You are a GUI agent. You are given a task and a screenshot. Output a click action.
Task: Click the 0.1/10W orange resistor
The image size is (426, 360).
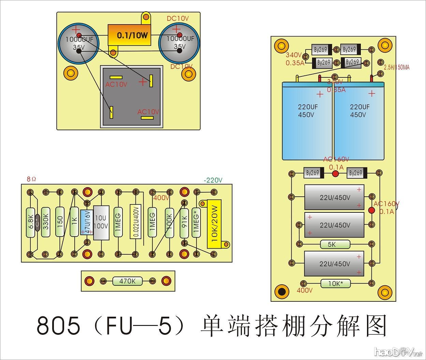129,35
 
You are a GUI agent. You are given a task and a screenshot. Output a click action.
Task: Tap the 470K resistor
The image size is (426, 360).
127,281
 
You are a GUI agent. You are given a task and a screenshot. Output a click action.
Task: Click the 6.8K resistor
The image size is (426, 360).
30,222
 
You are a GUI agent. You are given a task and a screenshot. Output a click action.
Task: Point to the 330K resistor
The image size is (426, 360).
46,222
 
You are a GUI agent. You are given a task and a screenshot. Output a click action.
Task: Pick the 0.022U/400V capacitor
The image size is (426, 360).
135,222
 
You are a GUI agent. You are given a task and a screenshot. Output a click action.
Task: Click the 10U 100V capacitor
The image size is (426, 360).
101,223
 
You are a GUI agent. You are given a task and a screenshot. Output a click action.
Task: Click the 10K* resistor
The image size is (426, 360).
335,283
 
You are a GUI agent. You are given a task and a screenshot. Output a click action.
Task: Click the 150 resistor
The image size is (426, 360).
60,222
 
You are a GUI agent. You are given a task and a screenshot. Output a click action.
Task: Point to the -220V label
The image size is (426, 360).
213,180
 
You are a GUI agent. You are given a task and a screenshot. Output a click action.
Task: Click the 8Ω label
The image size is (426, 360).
31,179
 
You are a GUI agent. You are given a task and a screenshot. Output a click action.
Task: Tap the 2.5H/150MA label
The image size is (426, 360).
397,67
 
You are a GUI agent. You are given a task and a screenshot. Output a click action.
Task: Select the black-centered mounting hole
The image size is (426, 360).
282,292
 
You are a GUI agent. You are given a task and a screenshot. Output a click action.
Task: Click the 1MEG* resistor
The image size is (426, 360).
196,223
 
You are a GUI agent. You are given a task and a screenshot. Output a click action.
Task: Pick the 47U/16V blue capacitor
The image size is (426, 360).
86,222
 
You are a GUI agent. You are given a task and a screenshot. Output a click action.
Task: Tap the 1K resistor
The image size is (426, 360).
74,222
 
